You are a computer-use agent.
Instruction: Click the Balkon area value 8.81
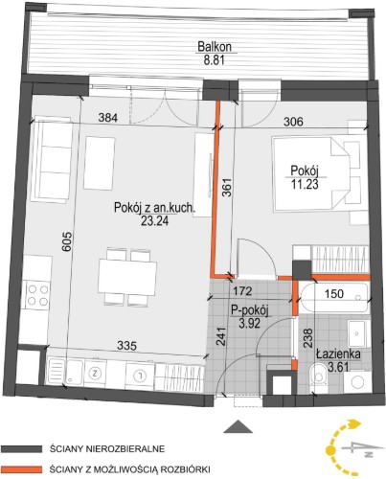click(215, 59)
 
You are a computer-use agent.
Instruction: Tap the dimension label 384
click(108, 118)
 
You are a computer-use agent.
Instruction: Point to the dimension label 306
click(293, 122)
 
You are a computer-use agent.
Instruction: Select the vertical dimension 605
click(68, 242)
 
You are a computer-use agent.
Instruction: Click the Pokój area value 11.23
click(305, 184)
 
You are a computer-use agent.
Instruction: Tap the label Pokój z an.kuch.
click(154, 208)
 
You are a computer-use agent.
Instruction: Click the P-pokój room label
click(250, 310)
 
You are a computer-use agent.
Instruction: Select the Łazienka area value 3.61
click(339, 366)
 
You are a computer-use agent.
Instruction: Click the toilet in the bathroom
click(318, 375)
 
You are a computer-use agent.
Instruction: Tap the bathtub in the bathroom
click(333, 298)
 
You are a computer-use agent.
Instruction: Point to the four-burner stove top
click(38, 295)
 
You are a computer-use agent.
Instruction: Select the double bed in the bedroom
click(310, 174)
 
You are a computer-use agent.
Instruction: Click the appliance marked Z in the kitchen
click(94, 373)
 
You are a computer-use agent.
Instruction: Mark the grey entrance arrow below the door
click(236, 426)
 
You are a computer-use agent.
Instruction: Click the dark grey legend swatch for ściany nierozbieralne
click(21, 449)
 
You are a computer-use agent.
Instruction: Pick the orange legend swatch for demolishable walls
click(21, 469)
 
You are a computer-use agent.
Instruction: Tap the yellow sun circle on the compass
click(331, 451)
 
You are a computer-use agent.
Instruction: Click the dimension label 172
click(242, 291)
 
